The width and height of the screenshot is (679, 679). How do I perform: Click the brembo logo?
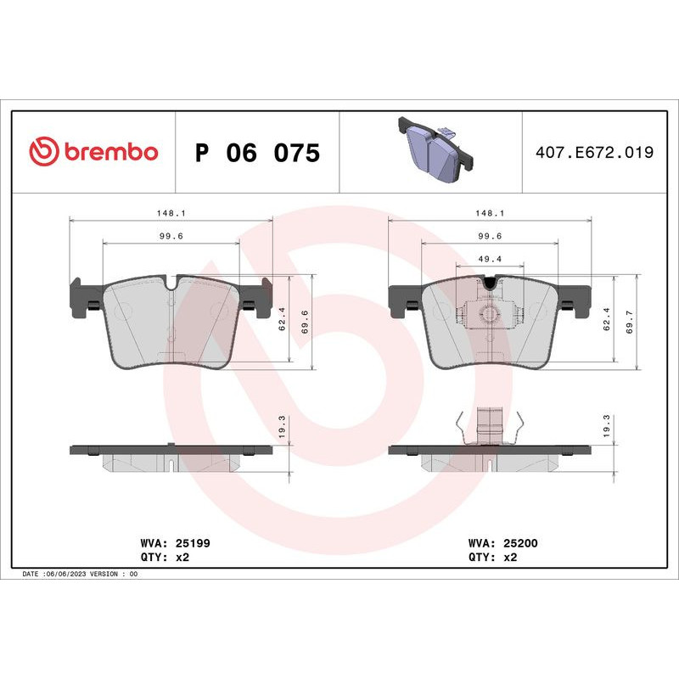[x=93, y=152]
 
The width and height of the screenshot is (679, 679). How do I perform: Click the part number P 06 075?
[x=257, y=154]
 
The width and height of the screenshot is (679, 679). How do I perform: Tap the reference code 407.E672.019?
[x=594, y=153]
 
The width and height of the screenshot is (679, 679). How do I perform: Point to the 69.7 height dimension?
[x=629, y=323]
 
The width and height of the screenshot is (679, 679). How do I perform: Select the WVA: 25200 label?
[x=504, y=542]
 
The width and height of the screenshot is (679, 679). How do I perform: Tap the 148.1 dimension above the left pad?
[x=171, y=214]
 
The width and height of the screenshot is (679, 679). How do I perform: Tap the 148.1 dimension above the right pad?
[x=491, y=214]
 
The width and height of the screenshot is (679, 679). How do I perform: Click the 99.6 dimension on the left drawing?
[x=171, y=237]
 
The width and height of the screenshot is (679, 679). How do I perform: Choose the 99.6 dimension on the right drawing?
[x=491, y=237]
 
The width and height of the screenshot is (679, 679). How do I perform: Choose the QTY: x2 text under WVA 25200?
[x=492, y=558]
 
